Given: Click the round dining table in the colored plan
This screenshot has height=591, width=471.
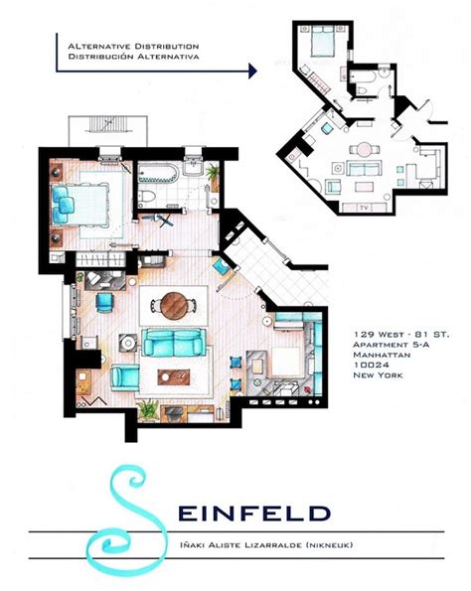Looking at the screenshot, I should [x=175, y=302].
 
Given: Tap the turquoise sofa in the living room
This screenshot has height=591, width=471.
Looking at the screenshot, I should [x=174, y=344].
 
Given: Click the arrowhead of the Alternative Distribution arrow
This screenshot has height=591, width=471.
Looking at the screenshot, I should [x=253, y=70].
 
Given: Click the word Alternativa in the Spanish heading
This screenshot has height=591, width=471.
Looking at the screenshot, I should [x=175, y=57].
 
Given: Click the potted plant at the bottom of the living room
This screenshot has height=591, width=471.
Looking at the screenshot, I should [x=148, y=407].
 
